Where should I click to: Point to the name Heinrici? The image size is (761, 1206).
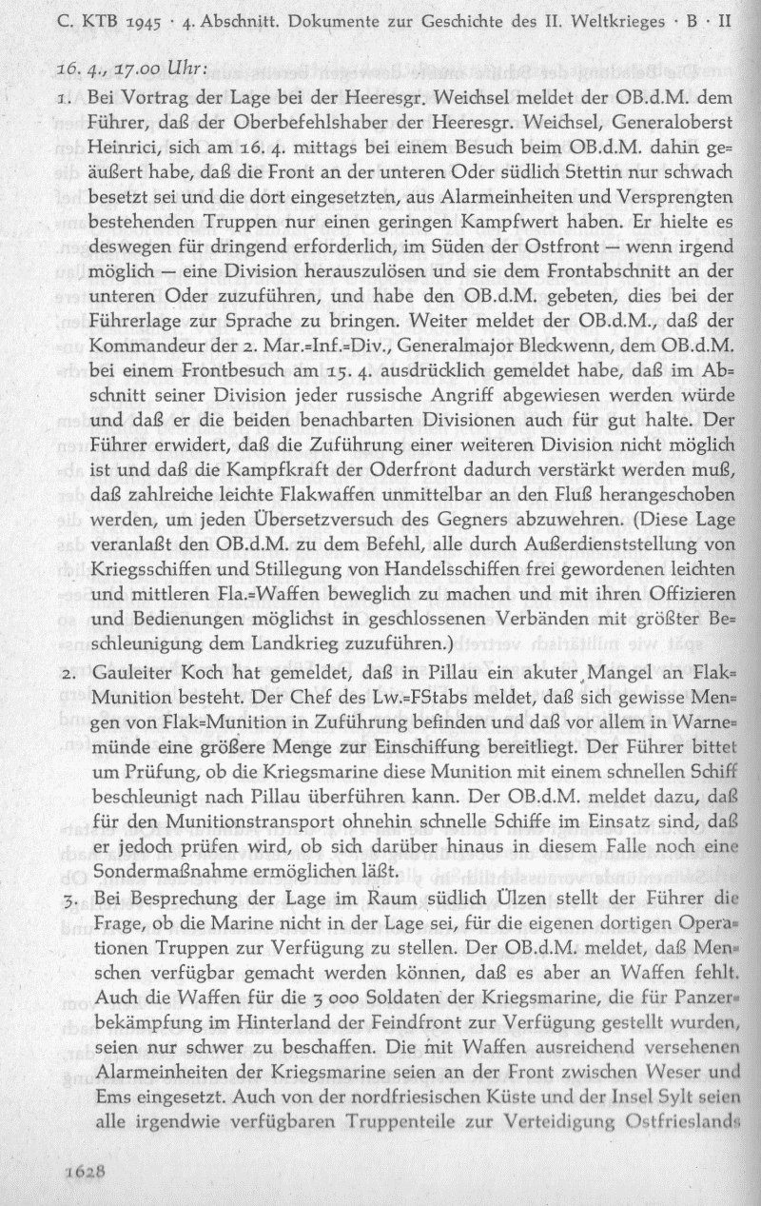pos(120,147)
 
